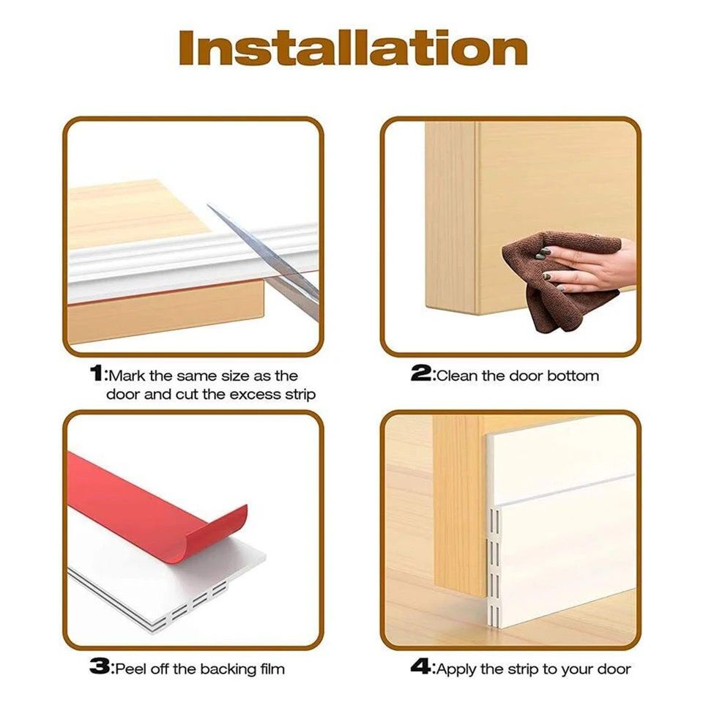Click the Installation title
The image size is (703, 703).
pos(352,48)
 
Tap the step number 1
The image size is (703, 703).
pos(97,375)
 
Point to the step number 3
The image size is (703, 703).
pos(99,668)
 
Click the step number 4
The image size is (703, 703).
pos(420,668)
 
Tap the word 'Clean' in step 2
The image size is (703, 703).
pos(458,376)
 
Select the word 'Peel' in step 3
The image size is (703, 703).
pos(130,669)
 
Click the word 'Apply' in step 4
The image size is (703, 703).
pos(456,669)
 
